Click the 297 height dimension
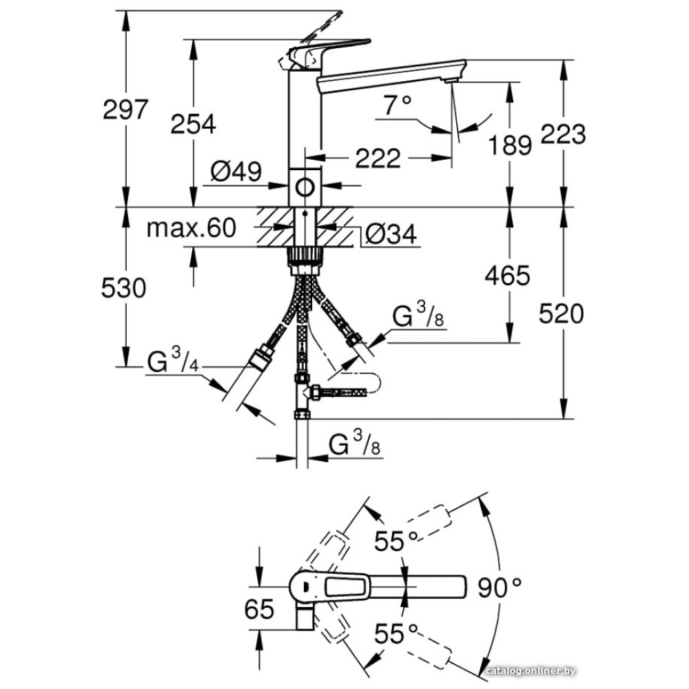pos(125,110)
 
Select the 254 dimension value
pos(194,124)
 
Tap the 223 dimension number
pos(563,134)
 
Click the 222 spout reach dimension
pos(378,158)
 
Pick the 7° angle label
pos(398,105)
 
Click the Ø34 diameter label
pos(391,234)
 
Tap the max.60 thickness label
pos(192,227)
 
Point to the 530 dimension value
pos(123,288)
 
